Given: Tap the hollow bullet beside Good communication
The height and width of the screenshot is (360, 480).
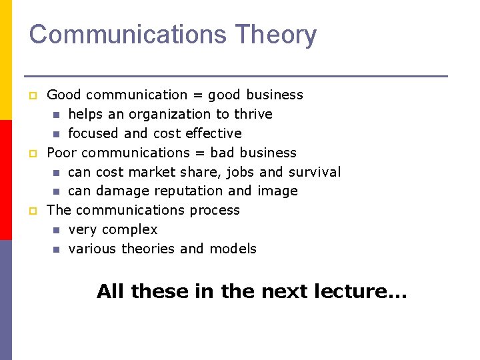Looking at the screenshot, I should (31, 96).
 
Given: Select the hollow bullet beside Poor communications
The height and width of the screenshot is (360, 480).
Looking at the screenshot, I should (31, 154).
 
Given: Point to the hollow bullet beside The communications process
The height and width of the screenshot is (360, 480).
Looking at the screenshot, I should (31, 211).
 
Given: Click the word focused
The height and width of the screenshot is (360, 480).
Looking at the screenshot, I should (93, 133).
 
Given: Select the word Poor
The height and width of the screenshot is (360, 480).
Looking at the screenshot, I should (62, 153).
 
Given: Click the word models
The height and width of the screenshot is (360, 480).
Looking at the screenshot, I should (233, 249).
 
